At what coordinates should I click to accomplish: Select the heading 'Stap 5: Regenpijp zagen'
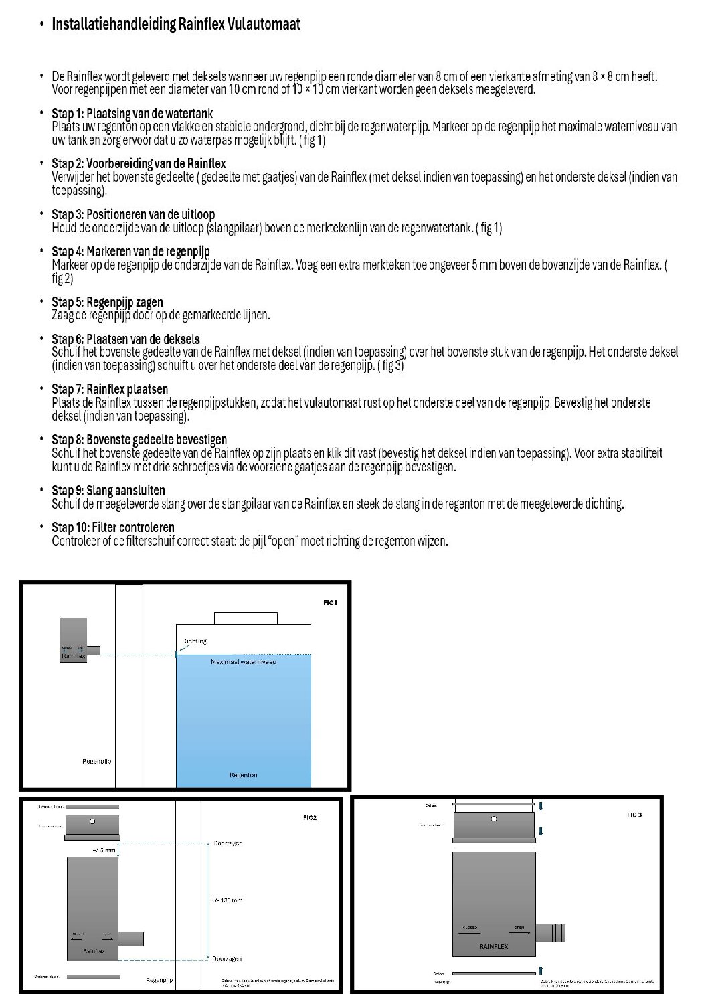pyautogui.click(x=107, y=302)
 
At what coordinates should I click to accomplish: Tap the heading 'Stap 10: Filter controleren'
pyautogui.click(x=112, y=527)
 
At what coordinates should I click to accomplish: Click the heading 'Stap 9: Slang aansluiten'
pyautogui.click(x=108, y=491)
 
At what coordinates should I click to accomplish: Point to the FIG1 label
pyautogui.click(x=330, y=603)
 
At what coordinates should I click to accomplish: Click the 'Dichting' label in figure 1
pyautogui.click(x=194, y=641)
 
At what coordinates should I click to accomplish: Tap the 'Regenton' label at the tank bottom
pyautogui.click(x=243, y=775)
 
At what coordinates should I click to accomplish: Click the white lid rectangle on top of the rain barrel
pyautogui.click(x=246, y=618)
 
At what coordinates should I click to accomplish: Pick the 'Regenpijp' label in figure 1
pyautogui.click(x=96, y=762)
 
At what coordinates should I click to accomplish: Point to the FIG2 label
pyautogui.click(x=309, y=818)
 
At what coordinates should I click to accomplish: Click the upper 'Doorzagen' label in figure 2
pyautogui.click(x=228, y=843)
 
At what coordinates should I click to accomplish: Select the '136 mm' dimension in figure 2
pyautogui.click(x=228, y=900)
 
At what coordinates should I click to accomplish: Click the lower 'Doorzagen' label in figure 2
pyautogui.click(x=228, y=959)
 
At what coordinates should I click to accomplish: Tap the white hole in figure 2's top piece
pyautogui.click(x=92, y=821)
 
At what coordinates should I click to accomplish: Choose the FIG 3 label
pyautogui.click(x=634, y=815)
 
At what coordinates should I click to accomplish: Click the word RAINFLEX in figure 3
pyautogui.click(x=494, y=947)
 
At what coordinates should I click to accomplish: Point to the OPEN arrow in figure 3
pyautogui.click(x=519, y=933)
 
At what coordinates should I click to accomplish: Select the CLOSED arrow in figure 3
pyautogui.click(x=469, y=933)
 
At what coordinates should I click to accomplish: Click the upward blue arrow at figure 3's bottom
pyautogui.click(x=540, y=970)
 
